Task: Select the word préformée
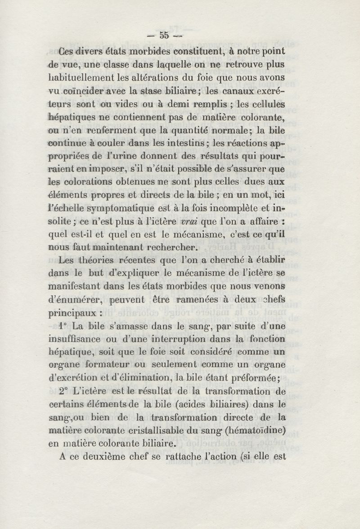(x=256, y=377)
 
